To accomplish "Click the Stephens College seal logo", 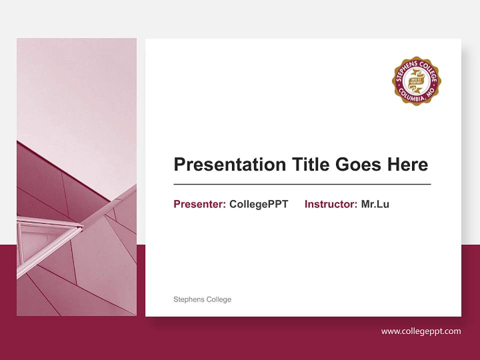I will [x=417, y=81].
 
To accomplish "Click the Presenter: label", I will [x=199, y=204].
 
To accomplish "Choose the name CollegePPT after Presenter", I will [x=258, y=204].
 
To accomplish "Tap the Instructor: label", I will [x=330, y=204].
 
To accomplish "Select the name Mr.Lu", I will [x=375, y=204].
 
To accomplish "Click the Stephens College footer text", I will [x=202, y=299].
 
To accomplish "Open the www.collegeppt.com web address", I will [x=421, y=331].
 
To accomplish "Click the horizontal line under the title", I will [x=302, y=184].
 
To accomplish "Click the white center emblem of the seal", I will [x=417, y=81].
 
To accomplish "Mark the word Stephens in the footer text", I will [x=188, y=299].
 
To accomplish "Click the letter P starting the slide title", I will [x=178, y=164].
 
